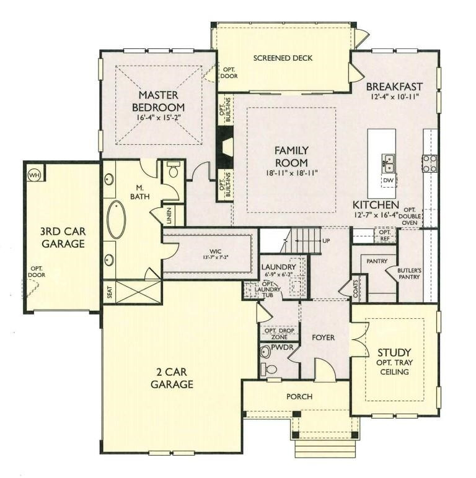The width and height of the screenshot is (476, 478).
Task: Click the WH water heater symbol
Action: [33, 175]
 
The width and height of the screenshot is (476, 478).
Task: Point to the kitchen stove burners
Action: [430, 163]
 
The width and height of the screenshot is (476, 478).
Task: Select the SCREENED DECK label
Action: [283, 58]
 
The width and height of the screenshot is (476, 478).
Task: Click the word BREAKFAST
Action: [394, 86]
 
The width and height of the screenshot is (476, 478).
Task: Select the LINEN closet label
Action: [169, 215]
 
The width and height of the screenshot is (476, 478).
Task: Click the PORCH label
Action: [300, 396]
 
